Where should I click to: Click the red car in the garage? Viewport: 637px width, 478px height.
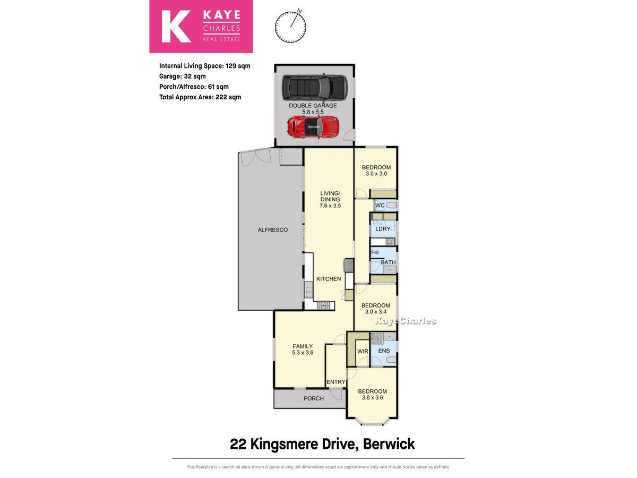click(313, 127)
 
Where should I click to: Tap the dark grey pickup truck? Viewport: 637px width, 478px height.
click(315, 87)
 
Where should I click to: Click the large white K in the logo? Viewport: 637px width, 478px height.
click(176, 27)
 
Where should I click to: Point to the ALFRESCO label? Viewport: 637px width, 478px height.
click(272, 230)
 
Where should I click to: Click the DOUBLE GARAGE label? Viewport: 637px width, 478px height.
click(313, 106)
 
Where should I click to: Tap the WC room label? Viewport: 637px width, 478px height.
click(380, 206)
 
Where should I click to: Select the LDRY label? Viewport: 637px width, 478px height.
click(383, 229)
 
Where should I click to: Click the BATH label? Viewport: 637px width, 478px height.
click(388, 262)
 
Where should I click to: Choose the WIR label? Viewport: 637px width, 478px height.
click(363, 351)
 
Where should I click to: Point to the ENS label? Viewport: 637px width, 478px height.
click(384, 351)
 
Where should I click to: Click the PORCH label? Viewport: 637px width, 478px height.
click(313, 398)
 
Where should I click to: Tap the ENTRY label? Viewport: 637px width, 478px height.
click(336, 382)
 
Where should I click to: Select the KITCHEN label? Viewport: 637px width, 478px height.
click(329, 279)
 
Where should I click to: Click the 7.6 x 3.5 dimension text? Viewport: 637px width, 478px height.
click(330, 206)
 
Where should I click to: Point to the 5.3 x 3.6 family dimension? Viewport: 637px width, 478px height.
click(303, 353)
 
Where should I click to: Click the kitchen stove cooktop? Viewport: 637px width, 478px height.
click(323, 305)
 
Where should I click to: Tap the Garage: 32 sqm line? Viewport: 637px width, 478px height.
click(183, 76)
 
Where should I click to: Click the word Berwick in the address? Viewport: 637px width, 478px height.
click(389, 445)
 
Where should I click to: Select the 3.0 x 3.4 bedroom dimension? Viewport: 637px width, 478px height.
click(376, 312)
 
